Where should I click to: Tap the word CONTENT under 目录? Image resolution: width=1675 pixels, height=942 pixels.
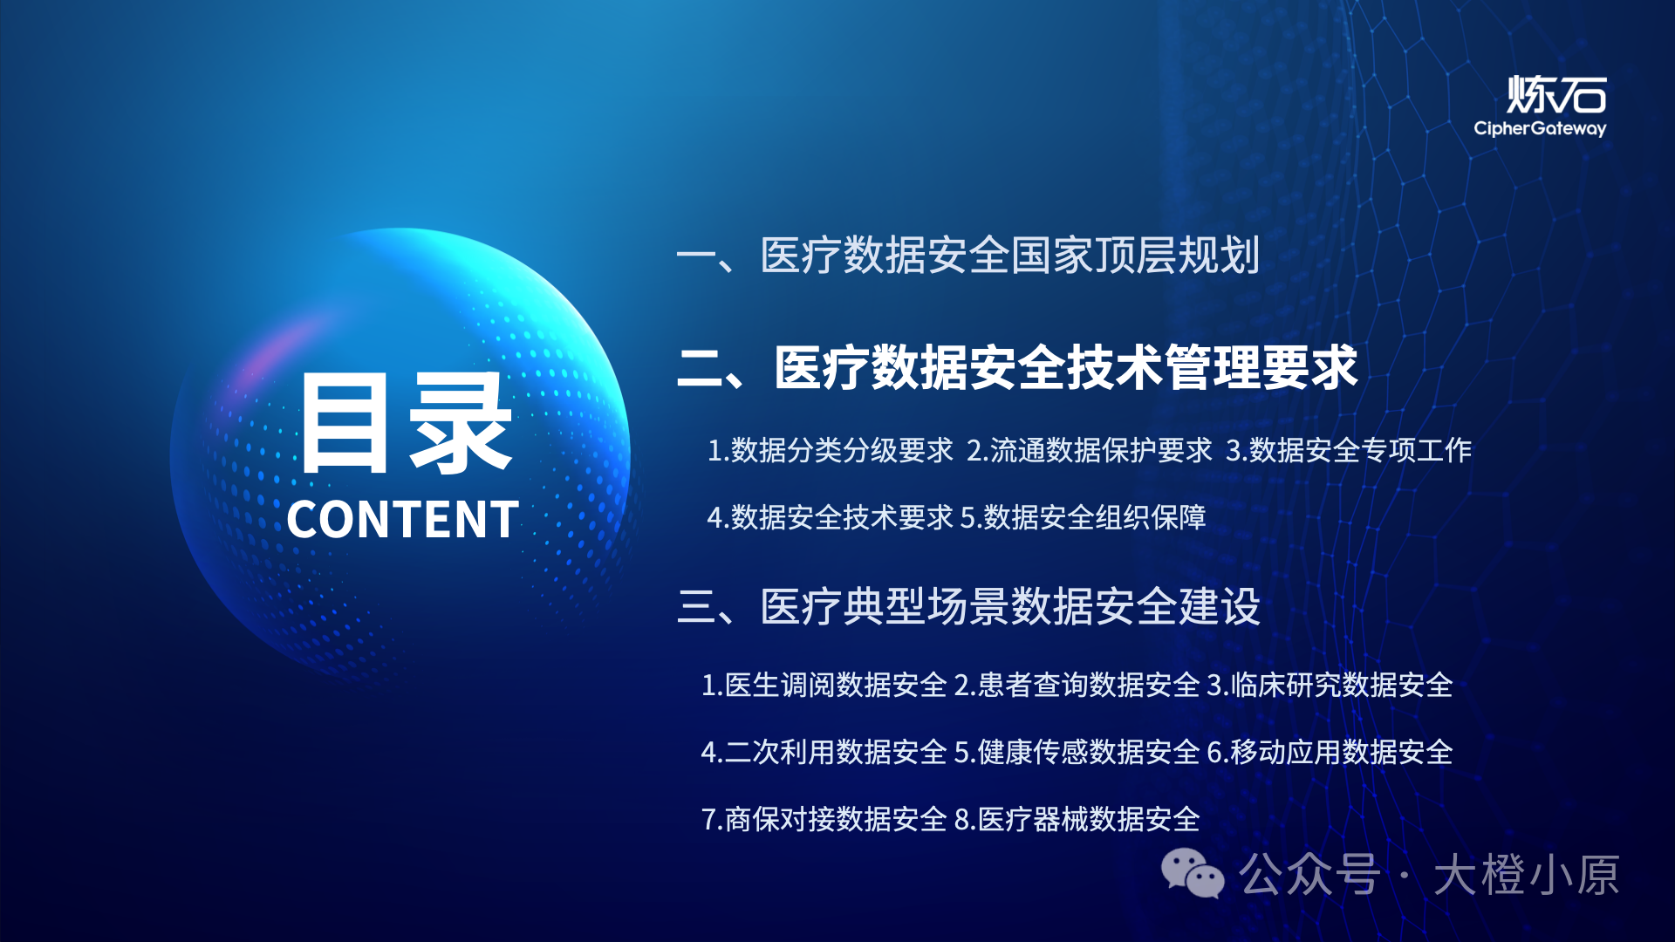pyautogui.click(x=402, y=520)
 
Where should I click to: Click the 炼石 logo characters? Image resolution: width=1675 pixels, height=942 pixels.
pyautogui.click(x=1556, y=95)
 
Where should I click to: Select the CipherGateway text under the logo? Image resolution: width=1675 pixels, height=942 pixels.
pyautogui.click(x=1540, y=129)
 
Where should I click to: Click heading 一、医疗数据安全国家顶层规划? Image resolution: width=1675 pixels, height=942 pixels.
pyautogui.click(x=967, y=256)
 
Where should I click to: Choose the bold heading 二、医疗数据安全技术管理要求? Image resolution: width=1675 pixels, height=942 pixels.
pyautogui.click(x=1017, y=367)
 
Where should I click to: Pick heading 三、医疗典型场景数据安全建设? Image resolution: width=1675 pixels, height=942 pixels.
pyautogui.click(x=968, y=606)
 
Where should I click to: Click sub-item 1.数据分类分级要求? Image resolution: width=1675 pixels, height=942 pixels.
pyautogui.click(x=830, y=450)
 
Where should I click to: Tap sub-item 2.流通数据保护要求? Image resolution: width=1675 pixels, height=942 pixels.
pyautogui.click(x=1089, y=450)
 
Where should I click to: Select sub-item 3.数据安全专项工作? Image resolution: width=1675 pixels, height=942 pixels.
pyautogui.click(x=1348, y=450)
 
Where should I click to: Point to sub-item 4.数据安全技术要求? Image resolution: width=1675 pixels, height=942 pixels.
pyautogui.click(x=830, y=517)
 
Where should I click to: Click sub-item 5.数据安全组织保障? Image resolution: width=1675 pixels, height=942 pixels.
pyautogui.click(x=1083, y=517)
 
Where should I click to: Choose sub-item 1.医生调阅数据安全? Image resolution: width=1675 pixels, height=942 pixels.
pyautogui.click(x=824, y=685)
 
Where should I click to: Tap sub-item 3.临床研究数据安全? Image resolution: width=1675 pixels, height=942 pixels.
pyautogui.click(x=1329, y=685)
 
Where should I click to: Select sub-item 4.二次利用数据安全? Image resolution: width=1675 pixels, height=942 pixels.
pyautogui.click(x=824, y=752)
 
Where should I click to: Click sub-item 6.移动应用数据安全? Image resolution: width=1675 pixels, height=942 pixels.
pyautogui.click(x=1329, y=752)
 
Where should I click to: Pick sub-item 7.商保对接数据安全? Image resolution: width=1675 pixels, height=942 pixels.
pyautogui.click(x=824, y=819)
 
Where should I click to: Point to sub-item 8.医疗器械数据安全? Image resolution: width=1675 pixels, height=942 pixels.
pyautogui.click(x=1077, y=819)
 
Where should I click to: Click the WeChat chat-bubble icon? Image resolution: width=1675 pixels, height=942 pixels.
pyautogui.click(x=1192, y=873)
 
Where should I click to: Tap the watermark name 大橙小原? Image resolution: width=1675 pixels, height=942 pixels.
pyautogui.click(x=1527, y=875)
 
